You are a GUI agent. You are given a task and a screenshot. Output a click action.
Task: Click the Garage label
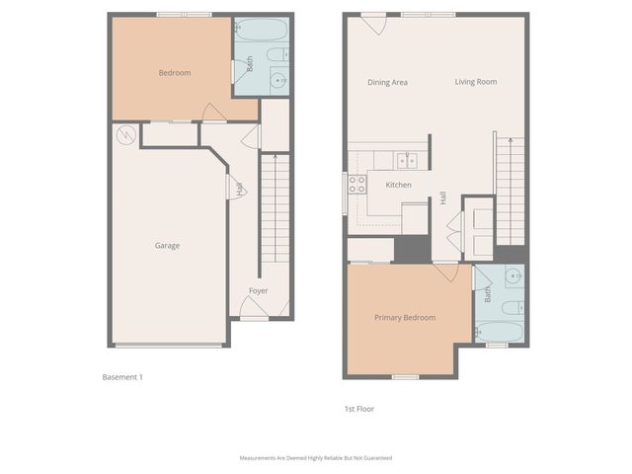tap(167, 246)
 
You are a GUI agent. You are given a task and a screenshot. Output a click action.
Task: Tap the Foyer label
tap(258, 291)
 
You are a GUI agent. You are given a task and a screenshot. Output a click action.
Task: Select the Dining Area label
tap(387, 82)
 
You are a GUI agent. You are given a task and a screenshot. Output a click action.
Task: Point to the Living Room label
tap(475, 82)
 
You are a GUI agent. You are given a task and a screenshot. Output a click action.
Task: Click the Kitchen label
tap(398, 186)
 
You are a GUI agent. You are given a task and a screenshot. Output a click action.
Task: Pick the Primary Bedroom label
tap(405, 318)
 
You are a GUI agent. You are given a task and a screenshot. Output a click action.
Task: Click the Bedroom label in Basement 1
tap(175, 72)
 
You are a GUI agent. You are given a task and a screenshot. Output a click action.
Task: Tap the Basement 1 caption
tap(123, 377)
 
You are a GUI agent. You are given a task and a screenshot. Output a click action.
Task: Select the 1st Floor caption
tap(358, 409)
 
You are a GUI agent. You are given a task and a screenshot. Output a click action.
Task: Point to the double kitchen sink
tap(407, 160)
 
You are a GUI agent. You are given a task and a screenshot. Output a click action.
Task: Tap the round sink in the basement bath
tap(278, 82)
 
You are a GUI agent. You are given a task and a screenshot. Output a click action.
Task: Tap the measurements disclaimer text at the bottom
tap(316, 457)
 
